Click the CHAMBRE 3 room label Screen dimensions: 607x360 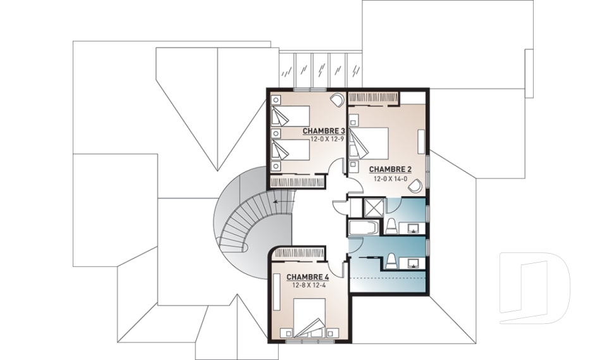pyautogui.click(x=323, y=130)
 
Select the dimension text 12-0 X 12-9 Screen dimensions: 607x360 pyautogui.click(x=327, y=139)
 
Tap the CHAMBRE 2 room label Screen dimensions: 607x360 pyautogui.click(x=390, y=170)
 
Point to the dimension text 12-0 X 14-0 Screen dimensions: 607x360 pyautogui.click(x=390, y=178)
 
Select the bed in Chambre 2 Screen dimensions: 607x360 pyautogui.click(x=369, y=142)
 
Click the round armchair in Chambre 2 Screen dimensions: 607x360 pyautogui.click(x=417, y=185)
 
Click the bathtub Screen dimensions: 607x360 pyautogui.click(x=364, y=228)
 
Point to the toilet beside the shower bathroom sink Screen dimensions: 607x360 pyautogui.click(x=391, y=226)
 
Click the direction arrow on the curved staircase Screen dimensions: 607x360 pyautogui.click(x=283, y=201)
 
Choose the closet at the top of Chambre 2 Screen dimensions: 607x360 pyautogui.click(x=373, y=99)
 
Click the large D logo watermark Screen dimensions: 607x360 pyautogui.click(x=535, y=288)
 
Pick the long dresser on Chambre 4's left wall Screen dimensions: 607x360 pyautogui.click(x=276, y=292)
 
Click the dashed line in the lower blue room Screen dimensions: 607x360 pyautogui.click(x=387, y=278)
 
